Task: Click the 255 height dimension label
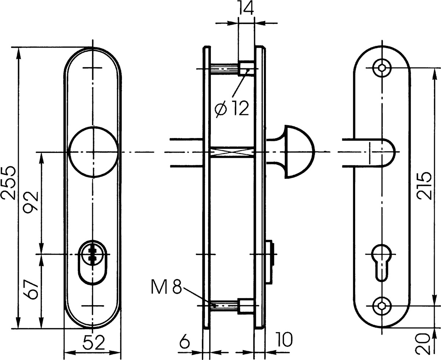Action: click(8, 183)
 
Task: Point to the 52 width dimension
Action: click(94, 343)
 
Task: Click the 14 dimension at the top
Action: click(246, 8)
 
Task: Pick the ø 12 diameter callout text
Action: click(232, 108)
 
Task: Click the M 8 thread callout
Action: click(166, 287)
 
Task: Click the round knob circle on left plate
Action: click(94, 152)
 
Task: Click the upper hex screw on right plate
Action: click(382, 68)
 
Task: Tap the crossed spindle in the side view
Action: click(232, 152)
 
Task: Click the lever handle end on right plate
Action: click(369, 152)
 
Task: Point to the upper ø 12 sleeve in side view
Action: click(246, 68)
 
